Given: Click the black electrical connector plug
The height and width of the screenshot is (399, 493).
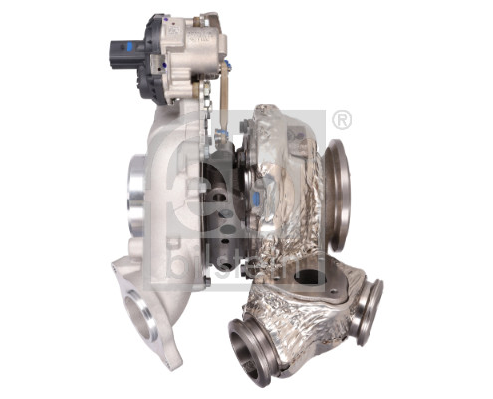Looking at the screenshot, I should [120, 56].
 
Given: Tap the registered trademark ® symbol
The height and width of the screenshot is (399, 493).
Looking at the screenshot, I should [341, 120].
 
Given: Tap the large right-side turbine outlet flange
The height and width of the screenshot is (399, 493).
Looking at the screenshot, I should [338, 195].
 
